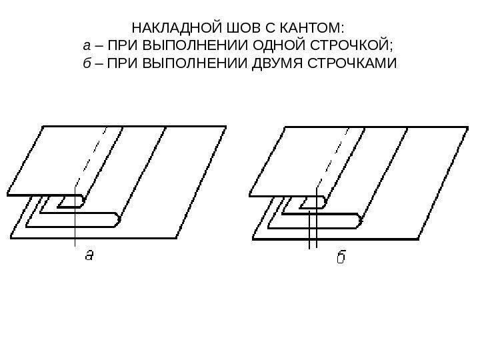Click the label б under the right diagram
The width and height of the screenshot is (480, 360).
click(339, 256)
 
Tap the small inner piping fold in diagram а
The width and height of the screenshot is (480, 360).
click(70, 201)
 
